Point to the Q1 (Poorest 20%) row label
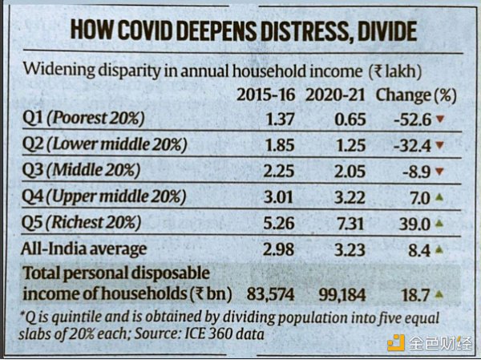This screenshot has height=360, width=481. point(84,119)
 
